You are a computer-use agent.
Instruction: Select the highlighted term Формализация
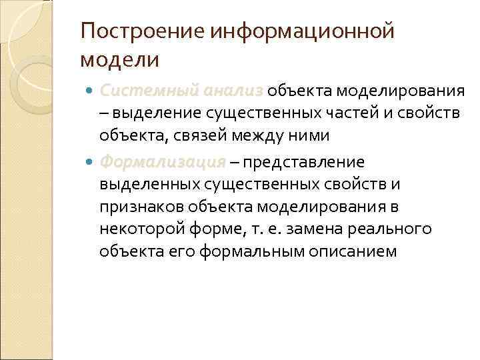point(163,163)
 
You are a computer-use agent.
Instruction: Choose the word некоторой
point(142,229)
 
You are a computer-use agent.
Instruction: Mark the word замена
point(329,229)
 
